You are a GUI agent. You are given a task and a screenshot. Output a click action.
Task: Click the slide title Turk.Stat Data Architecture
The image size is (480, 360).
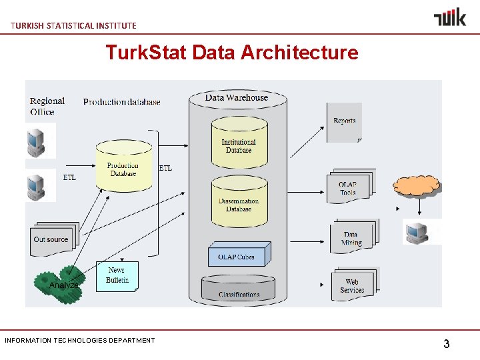231,52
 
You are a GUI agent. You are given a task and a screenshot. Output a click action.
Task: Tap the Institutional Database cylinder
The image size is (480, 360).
239,144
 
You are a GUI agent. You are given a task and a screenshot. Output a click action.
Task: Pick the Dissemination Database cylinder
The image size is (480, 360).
239,203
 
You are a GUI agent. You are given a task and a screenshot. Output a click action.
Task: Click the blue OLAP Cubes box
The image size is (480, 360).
236,256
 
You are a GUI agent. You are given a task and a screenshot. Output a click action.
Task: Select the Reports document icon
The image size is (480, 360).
344,122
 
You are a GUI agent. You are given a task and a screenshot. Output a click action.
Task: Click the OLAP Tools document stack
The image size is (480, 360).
349,187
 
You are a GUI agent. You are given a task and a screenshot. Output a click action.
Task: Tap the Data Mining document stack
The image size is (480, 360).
353,237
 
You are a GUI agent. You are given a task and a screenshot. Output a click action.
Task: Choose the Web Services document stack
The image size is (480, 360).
353,285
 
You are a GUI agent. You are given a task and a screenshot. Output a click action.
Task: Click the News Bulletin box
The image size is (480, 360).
117,275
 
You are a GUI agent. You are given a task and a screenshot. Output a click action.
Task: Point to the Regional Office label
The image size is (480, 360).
47,106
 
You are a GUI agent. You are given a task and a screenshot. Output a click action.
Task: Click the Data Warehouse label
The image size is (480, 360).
237,97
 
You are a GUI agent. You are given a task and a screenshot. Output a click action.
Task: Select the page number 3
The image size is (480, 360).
446,344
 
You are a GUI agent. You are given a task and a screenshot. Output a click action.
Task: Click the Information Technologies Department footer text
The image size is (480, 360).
79,340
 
